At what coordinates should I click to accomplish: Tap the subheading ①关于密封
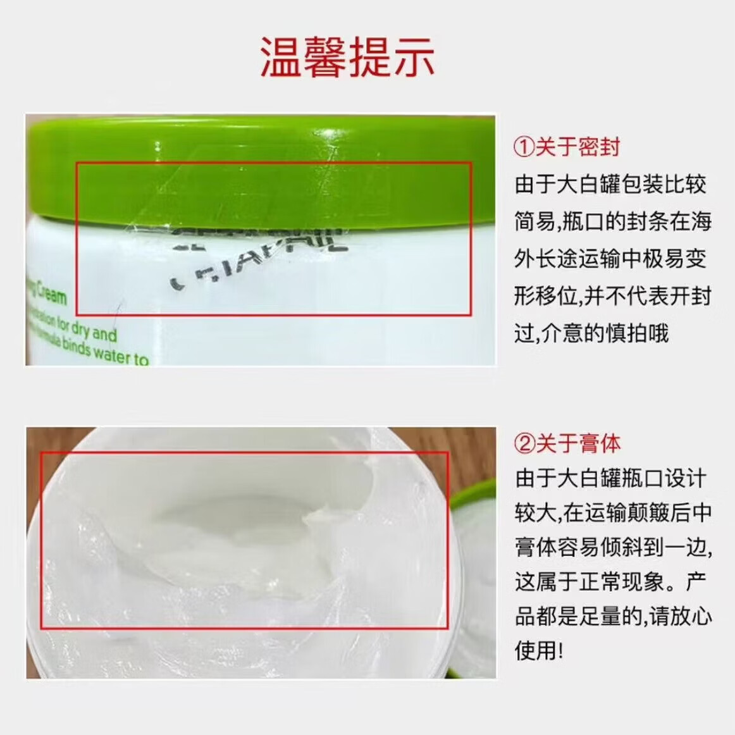(567, 147)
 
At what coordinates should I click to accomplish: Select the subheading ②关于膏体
(567, 443)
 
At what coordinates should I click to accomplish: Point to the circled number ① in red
(524, 147)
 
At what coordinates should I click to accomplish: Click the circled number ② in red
(524, 443)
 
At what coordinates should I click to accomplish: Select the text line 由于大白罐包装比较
(610, 184)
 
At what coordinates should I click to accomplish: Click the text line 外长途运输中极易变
(610, 259)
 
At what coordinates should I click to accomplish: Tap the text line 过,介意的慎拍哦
(591, 333)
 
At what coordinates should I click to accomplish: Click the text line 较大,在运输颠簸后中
(612, 512)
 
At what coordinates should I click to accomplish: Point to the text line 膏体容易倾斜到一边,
(612, 547)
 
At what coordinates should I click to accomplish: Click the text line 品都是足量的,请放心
(612, 615)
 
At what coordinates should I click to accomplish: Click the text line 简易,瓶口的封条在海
(612, 221)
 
